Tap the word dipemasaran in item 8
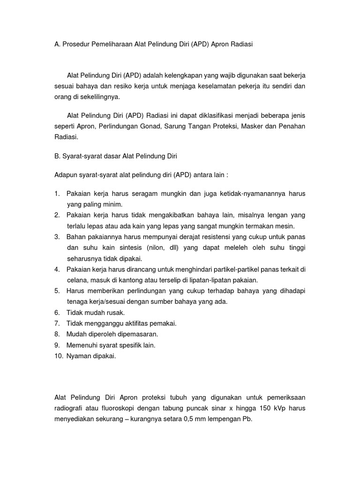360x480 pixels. click(138, 334)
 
